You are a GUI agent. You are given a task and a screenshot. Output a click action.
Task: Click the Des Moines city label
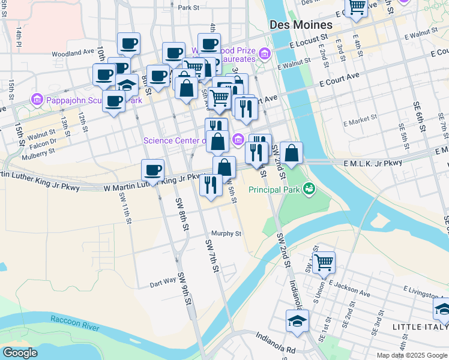coord(301,25)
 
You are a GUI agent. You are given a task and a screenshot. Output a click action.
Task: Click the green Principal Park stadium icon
coord(309,189)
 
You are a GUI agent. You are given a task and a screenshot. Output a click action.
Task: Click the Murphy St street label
coord(226,233)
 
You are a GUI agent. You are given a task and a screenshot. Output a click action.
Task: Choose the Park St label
coord(188,8)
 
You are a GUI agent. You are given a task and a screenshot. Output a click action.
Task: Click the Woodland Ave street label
coord(73,53)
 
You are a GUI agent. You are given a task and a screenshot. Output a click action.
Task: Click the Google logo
coord(20,353)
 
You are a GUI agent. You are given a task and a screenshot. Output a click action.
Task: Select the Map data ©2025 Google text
coord(411,355)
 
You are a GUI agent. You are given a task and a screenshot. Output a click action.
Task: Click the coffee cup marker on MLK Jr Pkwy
coord(153,170)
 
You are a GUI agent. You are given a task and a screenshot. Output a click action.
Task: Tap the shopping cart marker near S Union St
coord(324,262)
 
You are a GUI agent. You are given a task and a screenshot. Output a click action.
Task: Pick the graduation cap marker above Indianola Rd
coord(297,321)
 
